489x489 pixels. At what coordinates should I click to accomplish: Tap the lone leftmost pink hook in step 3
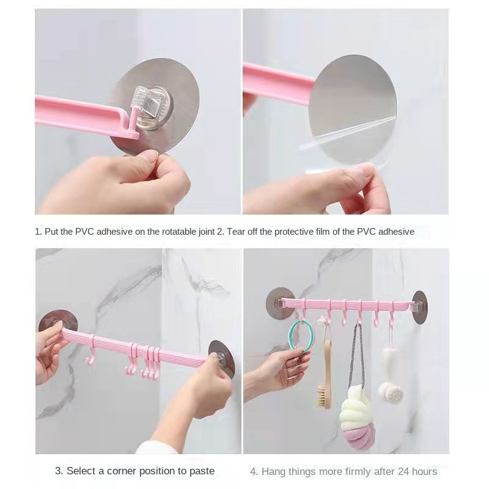pos(90,355)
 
